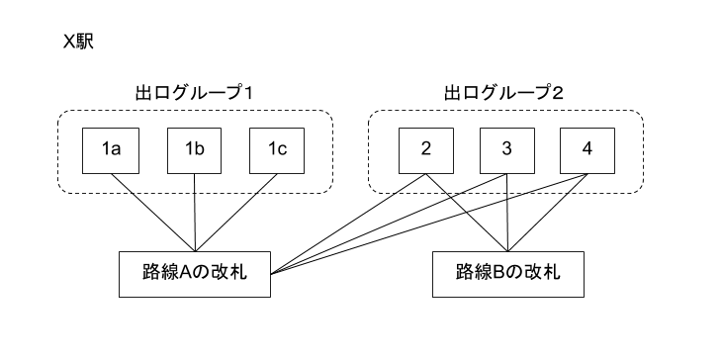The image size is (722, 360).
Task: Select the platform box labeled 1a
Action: click(x=110, y=150)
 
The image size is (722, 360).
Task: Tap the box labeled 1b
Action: click(x=194, y=150)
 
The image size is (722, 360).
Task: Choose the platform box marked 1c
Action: click(x=277, y=150)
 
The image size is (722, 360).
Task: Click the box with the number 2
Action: click(x=425, y=150)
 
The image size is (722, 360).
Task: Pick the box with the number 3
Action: click(x=506, y=150)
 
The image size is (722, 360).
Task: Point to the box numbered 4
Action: click(x=587, y=150)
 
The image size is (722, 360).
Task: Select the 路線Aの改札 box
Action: click(x=194, y=274)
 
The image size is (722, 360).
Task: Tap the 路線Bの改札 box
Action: click(x=507, y=274)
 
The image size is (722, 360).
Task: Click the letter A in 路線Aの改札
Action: click(x=185, y=274)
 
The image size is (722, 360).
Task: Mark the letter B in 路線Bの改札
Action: click(x=498, y=274)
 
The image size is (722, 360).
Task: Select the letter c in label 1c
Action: click(x=282, y=150)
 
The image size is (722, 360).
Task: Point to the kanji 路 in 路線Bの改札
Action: click(x=465, y=274)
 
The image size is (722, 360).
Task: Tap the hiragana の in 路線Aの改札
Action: click(x=202, y=274)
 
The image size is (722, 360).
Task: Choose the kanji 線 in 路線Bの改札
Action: click(x=482, y=274)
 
